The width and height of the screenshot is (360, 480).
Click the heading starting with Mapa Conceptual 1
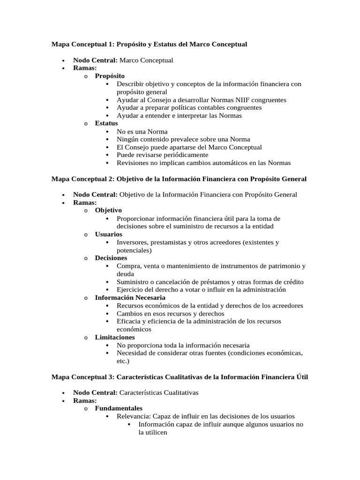(149, 44)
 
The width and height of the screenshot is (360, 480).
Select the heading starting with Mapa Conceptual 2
(179, 179)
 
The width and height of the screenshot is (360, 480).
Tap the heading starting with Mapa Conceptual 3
(180, 377)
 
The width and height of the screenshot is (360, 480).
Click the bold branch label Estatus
(106, 123)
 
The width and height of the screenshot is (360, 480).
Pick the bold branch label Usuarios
(108, 234)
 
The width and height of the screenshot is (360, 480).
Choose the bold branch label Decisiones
(111, 258)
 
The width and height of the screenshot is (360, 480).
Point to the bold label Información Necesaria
(130, 298)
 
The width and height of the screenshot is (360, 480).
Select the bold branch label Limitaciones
(114, 337)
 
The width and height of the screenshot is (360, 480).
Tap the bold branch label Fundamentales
(119, 408)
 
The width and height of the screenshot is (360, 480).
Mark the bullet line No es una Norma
(142, 131)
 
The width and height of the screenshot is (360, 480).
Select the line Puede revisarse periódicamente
(163, 155)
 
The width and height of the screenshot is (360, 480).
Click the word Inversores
(133, 242)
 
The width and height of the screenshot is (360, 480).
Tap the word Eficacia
(128, 321)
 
